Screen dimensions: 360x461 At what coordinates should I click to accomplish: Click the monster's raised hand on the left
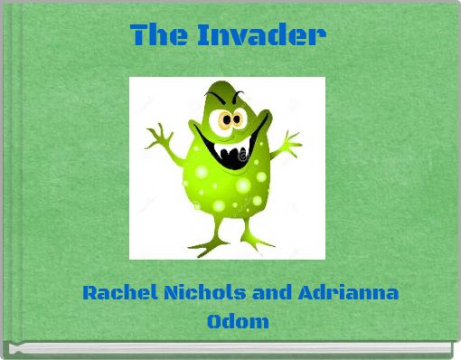click(x=160, y=135)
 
